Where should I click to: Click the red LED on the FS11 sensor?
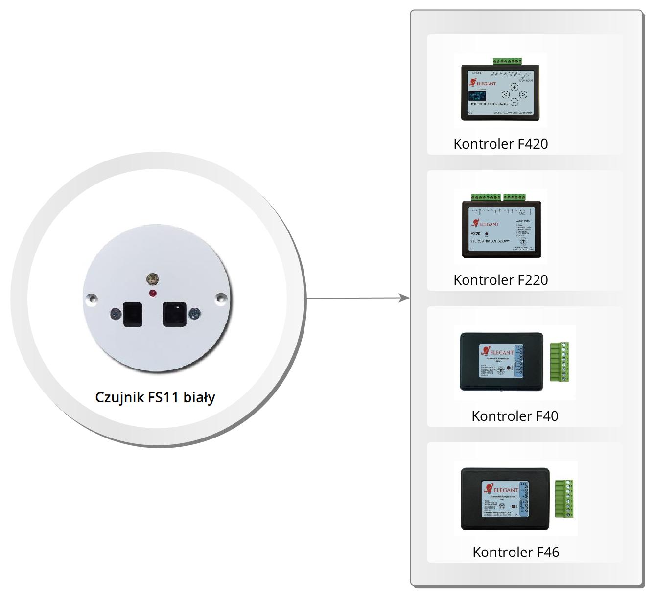coord(153,293)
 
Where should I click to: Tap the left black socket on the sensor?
coord(133,314)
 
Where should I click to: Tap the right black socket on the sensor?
coord(174,314)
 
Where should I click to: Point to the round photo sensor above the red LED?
coord(153,280)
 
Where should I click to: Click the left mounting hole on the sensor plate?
coord(91,298)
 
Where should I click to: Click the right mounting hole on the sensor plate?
coord(221,297)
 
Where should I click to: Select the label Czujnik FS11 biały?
coord(155,397)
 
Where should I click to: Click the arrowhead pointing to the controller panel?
coord(404,298)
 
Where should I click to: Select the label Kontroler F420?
coord(500,144)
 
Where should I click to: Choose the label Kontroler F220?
coord(500,280)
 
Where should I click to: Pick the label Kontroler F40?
coord(515,416)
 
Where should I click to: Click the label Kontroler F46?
coord(515,552)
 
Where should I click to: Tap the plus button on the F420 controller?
coord(515,87)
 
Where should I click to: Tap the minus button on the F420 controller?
coord(515,102)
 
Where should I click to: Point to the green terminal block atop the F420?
coord(507,61)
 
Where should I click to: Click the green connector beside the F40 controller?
coord(560,362)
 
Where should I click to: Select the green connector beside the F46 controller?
coord(564,499)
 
